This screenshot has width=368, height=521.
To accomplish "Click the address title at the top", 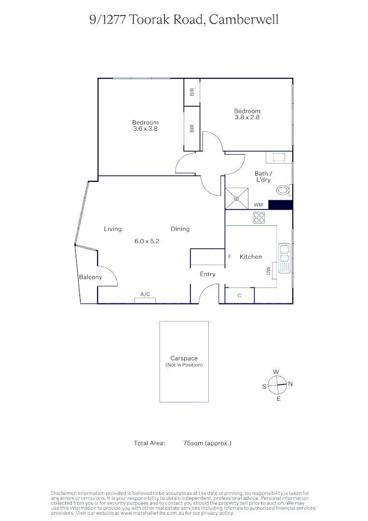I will [x=184, y=20].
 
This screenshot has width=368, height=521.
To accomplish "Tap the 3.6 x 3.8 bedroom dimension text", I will [x=145, y=129].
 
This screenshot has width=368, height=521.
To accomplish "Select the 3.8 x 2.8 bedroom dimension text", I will [x=247, y=117].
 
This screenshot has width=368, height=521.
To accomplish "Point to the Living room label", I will [x=113, y=229].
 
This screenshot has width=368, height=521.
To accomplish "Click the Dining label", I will [x=180, y=229].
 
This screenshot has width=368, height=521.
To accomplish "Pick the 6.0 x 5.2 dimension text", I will [x=147, y=241].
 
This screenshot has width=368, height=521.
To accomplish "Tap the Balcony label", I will [x=91, y=277].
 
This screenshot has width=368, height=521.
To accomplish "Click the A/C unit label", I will [x=145, y=294].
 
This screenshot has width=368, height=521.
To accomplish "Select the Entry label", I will [x=207, y=274].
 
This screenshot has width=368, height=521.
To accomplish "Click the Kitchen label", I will [x=251, y=257].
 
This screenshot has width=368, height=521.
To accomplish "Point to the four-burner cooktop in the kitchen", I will [x=259, y=218].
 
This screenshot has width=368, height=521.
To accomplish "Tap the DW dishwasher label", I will [x=268, y=272].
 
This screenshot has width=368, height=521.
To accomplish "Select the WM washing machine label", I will [x=258, y=205].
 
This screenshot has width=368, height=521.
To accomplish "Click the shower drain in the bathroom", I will [x=236, y=198].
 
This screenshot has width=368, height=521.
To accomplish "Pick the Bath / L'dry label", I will [x=263, y=177].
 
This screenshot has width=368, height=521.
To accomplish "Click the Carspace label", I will [x=184, y=358].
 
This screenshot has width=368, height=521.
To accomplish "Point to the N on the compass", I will [x=291, y=384].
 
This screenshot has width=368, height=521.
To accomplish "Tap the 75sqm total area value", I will [x=207, y=442].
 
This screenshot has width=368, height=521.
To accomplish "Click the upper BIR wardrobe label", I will [x=192, y=92].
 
